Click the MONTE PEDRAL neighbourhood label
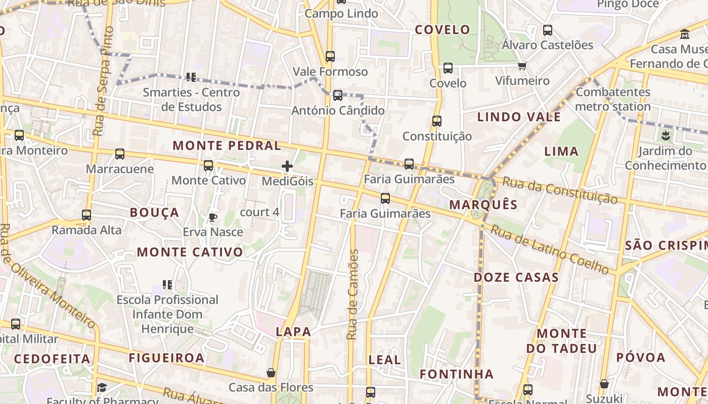tap(227, 146)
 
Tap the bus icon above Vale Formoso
tap(330, 57)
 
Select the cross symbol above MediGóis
tap(287, 166)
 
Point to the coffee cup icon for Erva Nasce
tap(213, 217)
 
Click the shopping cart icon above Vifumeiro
tap(522, 66)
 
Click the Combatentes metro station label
tap(613, 99)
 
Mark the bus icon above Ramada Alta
tap(86, 215)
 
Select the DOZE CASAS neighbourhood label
tap(516, 277)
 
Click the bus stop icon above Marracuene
tap(120, 154)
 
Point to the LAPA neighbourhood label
tap(293, 332)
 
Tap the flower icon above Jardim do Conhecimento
tap(665, 135)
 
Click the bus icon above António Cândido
tap(338, 95)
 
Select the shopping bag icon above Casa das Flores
tap(271, 373)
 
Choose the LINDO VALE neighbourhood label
tap(519, 117)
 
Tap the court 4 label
tap(259, 212)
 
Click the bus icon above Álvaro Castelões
tap(548, 30)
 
